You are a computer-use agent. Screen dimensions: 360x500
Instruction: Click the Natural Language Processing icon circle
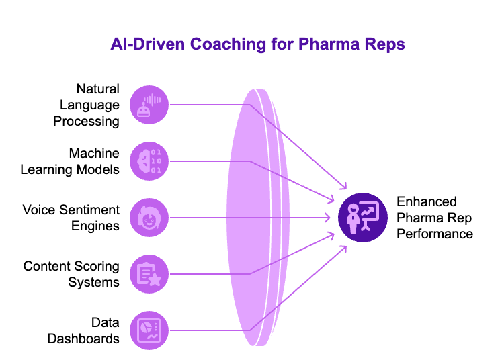click(149, 104)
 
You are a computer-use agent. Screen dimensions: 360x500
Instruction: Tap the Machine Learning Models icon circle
click(149, 161)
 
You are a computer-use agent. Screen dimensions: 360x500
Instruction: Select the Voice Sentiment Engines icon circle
click(149, 218)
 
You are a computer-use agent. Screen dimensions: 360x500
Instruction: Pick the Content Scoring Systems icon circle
click(149, 274)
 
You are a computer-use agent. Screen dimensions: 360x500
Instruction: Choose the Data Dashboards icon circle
click(149, 330)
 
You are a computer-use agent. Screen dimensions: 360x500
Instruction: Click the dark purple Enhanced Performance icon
click(363, 218)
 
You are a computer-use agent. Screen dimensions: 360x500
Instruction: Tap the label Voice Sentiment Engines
click(71, 218)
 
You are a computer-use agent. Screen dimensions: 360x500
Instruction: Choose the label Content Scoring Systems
click(72, 274)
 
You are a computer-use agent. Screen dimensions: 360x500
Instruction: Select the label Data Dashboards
click(83, 330)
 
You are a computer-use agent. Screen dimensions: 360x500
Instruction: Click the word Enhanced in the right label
click(427, 201)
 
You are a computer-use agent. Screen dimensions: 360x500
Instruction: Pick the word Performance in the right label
click(435, 234)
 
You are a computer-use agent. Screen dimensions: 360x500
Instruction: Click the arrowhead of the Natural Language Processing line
click(345, 188)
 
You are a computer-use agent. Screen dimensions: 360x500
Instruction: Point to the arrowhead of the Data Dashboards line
click(345, 246)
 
